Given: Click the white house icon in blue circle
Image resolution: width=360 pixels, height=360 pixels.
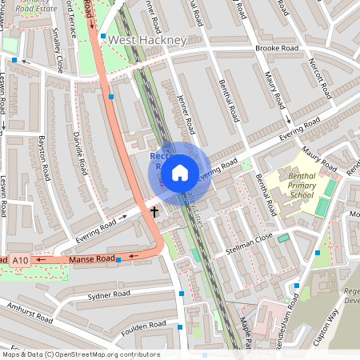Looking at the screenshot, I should click(x=180, y=173).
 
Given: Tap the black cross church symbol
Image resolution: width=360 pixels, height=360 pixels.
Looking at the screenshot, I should click(x=155, y=213).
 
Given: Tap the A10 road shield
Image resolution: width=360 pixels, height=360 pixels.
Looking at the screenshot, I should click(x=21, y=260).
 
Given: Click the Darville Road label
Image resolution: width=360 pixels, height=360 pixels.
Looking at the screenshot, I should click(x=78, y=153).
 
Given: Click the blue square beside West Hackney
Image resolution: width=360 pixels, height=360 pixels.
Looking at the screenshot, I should click(x=103, y=37).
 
